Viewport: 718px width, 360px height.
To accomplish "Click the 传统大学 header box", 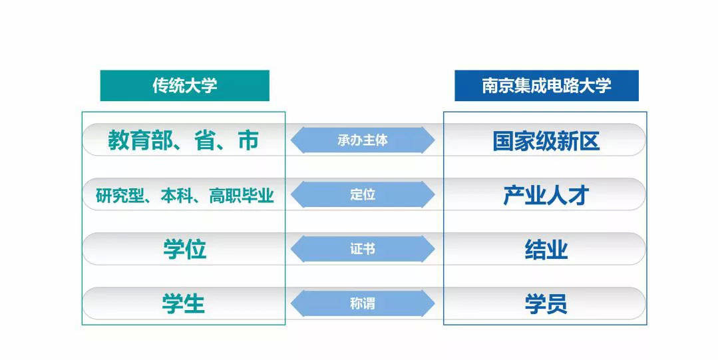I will (184, 86).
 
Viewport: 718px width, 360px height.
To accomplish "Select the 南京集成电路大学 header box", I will (546, 86).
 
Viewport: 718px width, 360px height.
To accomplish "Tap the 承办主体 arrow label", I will (363, 140).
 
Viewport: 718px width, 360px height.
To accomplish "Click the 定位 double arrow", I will (363, 195).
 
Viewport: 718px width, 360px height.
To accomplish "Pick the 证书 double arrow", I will (363, 249).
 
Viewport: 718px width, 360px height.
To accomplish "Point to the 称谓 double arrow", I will (363, 303).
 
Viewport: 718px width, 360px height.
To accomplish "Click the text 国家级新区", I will (546, 140).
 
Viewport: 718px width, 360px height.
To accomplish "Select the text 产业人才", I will (546, 196).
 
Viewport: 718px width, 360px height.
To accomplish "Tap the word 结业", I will (546, 250).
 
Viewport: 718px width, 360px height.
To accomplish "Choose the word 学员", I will (546, 305).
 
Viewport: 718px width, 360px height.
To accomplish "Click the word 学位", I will (184, 250).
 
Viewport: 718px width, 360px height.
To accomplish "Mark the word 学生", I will (184, 304).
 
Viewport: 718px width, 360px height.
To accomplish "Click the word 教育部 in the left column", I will (140, 140).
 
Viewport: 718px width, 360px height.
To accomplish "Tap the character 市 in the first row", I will (248, 140).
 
